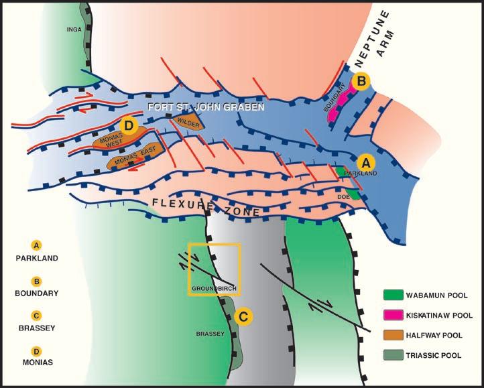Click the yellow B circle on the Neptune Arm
coord(362,82)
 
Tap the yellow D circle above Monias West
coord(129,125)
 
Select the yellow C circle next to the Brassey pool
coord(244,316)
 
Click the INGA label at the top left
coord(74,29)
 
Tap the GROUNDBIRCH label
coord(213,288)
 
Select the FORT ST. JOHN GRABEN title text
coord(206,107)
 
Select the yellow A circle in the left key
coord(37,245)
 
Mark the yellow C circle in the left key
coord(37,315)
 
